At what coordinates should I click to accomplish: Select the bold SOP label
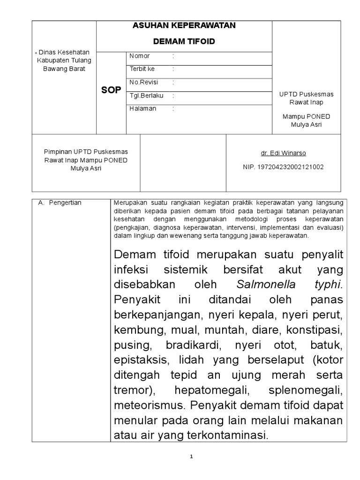pos(111,90)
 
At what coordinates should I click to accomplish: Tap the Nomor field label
pos(140,56)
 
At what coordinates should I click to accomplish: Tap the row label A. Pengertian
pos(60,203)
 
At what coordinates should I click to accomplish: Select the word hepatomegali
pos(209,390)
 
